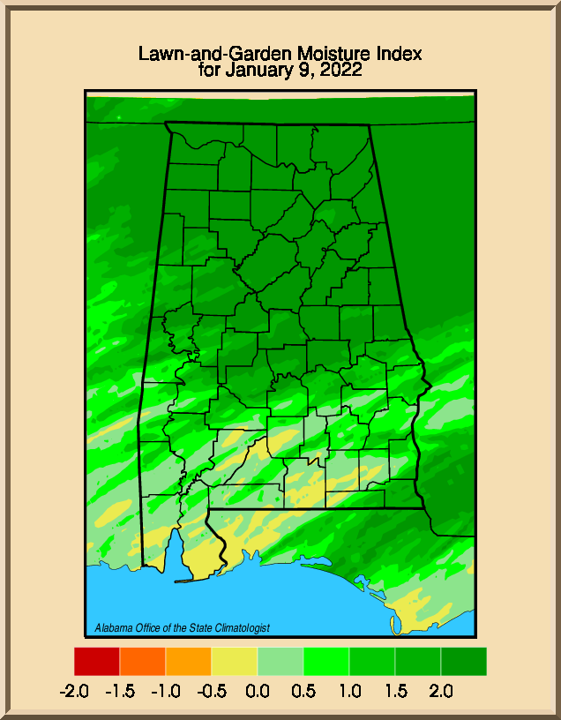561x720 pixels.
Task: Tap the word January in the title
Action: [x=256, y=71]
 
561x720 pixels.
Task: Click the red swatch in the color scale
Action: [x=97, y=662]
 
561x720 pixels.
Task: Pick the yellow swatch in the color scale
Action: [x=235, y=662]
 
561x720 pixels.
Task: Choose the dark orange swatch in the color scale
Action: [x=143, y=662]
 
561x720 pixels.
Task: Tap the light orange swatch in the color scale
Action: [x=189, y=662]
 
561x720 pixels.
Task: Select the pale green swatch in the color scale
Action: [x=280, y=662]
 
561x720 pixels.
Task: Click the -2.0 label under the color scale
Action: [x=74, y=691]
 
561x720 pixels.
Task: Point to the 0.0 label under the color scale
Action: [x=258, y=691]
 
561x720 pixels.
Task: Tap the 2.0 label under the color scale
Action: [x=441, y=691]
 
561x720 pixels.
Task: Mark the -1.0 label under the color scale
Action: [x=166, y=691]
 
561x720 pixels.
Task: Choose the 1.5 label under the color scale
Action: [x=395, y=691]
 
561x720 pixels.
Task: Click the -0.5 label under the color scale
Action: [x=212, y=691]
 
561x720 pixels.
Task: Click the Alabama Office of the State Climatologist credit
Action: [x=182, y=628]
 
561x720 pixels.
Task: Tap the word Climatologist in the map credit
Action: [x=243, y=628]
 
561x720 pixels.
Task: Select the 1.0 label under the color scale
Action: [x=349, y=691]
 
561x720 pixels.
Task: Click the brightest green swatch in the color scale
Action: [x=326, y=662]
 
